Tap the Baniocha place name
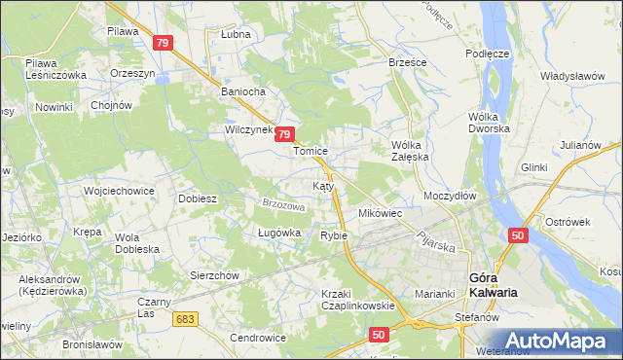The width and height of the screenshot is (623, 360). (244, 93)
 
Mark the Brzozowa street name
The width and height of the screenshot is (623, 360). (283, 205)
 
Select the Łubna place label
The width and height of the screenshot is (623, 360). (235, 34)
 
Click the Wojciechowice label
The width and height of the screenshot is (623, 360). (120, 191)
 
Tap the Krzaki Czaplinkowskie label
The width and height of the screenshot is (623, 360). (357, 299)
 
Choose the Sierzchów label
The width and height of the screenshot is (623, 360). (214, 275)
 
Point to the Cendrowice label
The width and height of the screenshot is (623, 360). (257, 338)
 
